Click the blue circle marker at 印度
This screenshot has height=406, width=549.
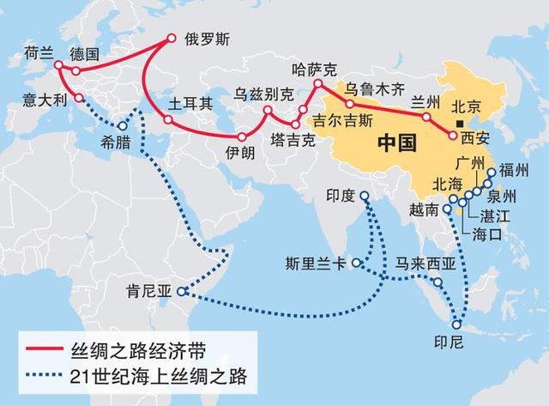point(365,197)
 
